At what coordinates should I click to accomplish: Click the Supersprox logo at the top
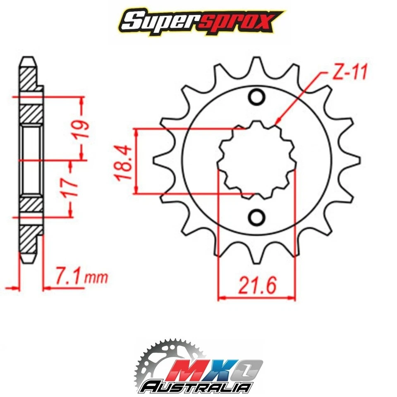pyautogui.click(x=198, y=21)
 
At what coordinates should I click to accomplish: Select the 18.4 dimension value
pyautogui.click(x=124, y=161)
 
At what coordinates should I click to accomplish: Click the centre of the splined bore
pyautogui.click(x=257, y=159)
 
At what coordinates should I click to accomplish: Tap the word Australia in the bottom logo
pyautogui.click(x=196, y=387)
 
